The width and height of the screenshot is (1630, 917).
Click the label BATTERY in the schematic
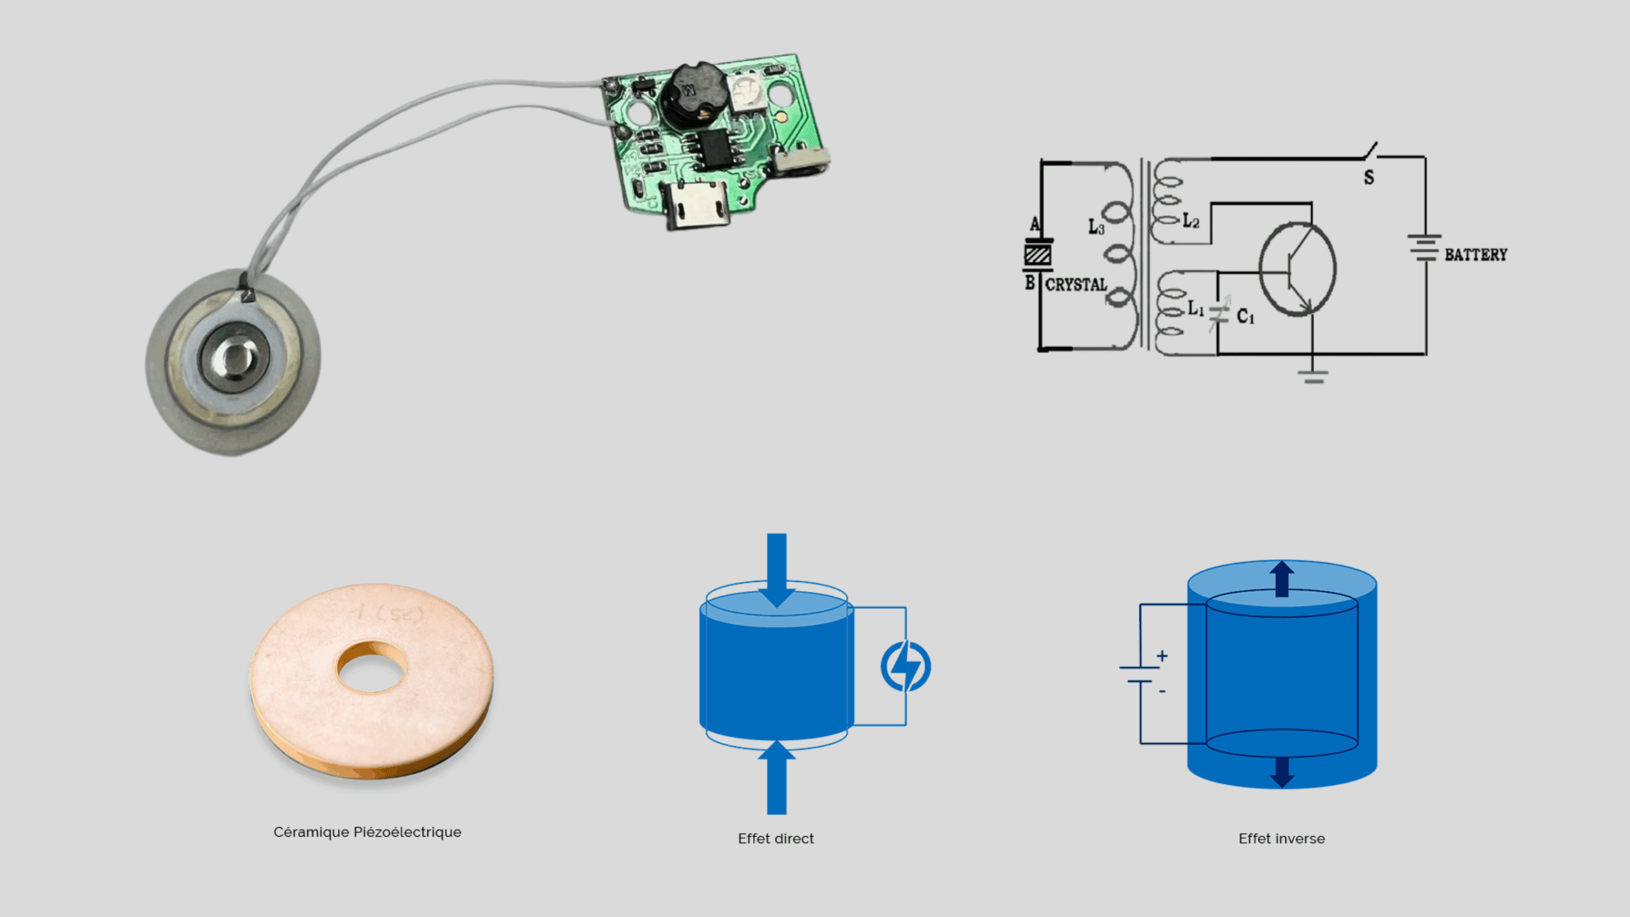click(1476, 255)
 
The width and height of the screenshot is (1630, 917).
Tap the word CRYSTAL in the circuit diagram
click(1076, 285)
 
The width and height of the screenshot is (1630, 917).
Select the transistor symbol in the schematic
click(1297, 269)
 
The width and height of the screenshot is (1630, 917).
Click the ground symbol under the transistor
click(1314, 377)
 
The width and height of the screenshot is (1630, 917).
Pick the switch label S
click(1369, 178)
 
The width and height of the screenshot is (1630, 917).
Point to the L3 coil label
click(1096, 227)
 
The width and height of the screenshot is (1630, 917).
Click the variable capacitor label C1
click(1245, 316)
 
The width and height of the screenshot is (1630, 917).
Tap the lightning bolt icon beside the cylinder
click(905, 667)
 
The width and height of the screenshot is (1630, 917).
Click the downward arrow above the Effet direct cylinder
click(776, 570)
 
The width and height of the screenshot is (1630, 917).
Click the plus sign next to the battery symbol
click(1163, 655)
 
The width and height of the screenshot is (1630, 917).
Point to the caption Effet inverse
click(1281, 839)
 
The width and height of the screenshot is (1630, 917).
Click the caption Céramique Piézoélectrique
click(367, 832)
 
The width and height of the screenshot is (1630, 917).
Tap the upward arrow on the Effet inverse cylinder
click(1282, 579)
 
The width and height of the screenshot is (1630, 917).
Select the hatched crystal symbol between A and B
click(1037, 255)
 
